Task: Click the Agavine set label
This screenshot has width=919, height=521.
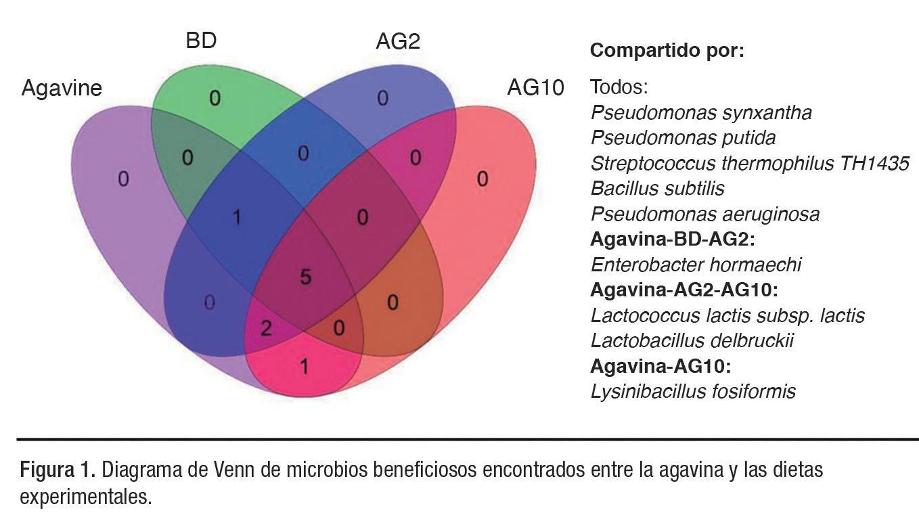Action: [x=62, y=88]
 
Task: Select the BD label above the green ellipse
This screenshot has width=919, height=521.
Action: [x=201, y=41]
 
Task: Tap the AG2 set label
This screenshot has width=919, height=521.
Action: [x=398, y=41]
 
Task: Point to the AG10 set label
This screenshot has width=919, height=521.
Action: [x=535, y=88]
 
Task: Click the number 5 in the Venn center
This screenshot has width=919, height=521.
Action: [x=305, y=277]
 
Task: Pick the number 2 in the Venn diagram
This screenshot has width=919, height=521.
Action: [x=266, y=329]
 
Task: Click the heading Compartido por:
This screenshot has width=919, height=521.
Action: [x=667, y=51]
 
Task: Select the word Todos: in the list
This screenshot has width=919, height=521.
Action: [x=619, y=87]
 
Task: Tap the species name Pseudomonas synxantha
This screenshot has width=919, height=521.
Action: [x=701, y=112]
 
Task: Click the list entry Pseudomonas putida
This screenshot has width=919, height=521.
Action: [x=683, y=137]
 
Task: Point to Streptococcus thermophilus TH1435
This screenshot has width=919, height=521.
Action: [x=749, y=163]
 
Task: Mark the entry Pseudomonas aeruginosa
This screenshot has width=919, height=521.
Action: [x=704, y=214]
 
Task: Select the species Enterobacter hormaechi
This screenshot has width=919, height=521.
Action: [x=696, y=265]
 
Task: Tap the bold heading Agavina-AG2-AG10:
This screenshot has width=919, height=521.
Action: [x=684, y=290]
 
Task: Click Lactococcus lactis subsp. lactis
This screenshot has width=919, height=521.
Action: [x=727, y=315]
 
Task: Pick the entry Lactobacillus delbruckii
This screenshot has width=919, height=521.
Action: [x=692, y=340]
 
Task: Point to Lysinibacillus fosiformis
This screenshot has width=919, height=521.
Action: [x=693, y=391]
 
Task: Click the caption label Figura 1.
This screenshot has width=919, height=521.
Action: [x=59, y=469]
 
